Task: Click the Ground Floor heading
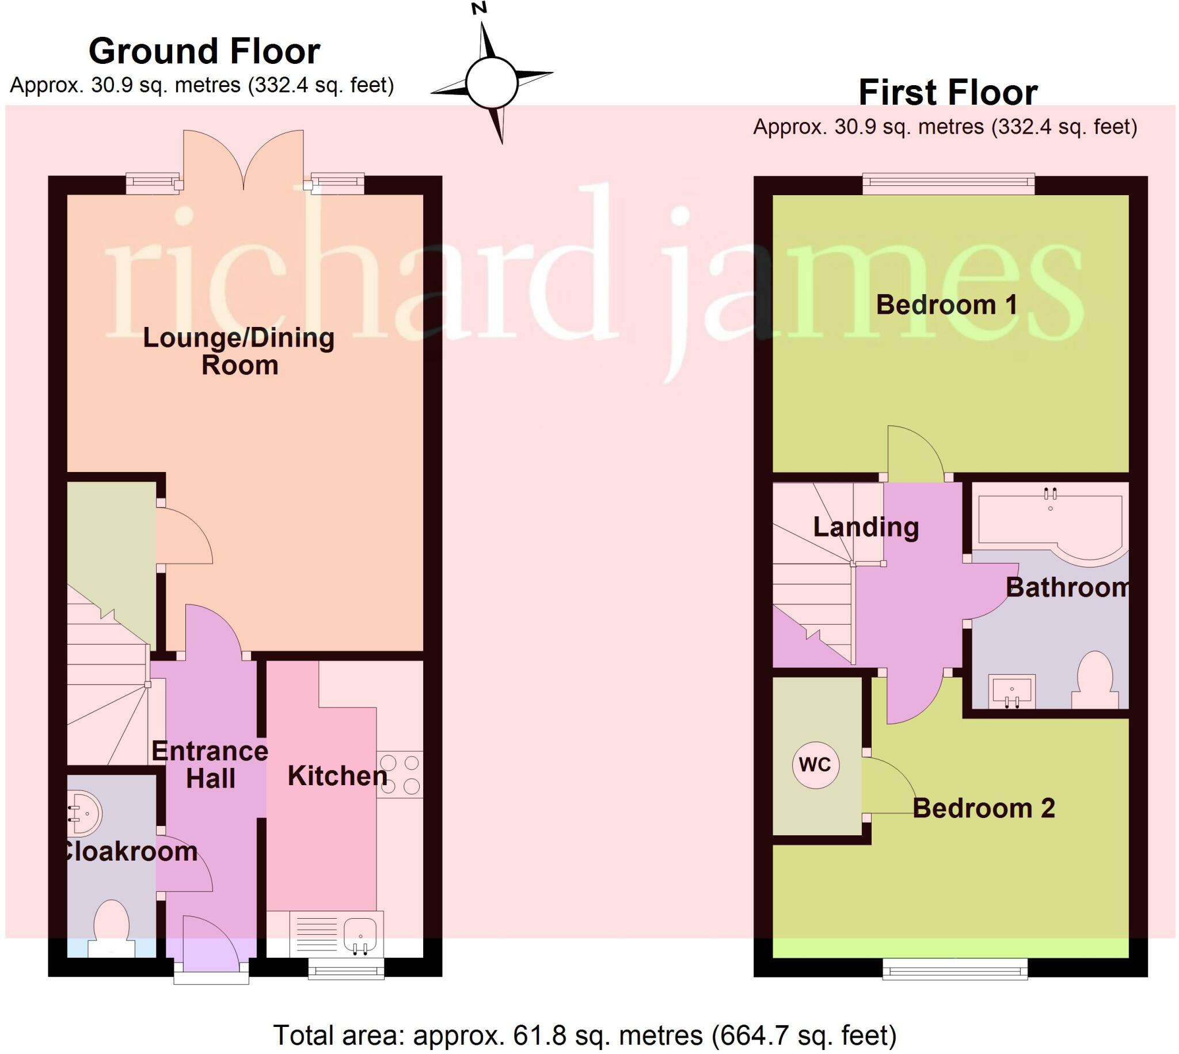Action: [204, 52]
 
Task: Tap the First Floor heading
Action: [948, 93]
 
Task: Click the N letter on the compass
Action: [479, 8]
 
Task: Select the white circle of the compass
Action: [491, 83]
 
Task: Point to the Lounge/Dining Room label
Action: [238, 352]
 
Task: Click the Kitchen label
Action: [337, 776]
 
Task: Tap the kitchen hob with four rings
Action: [400, 775]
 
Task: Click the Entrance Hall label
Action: [210, 765]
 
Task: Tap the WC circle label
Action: [815, 765]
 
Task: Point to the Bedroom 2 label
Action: [983, 808]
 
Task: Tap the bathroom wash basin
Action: [1011, 691]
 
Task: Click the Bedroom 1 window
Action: [948, 184]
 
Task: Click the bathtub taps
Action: [1051, 494]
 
